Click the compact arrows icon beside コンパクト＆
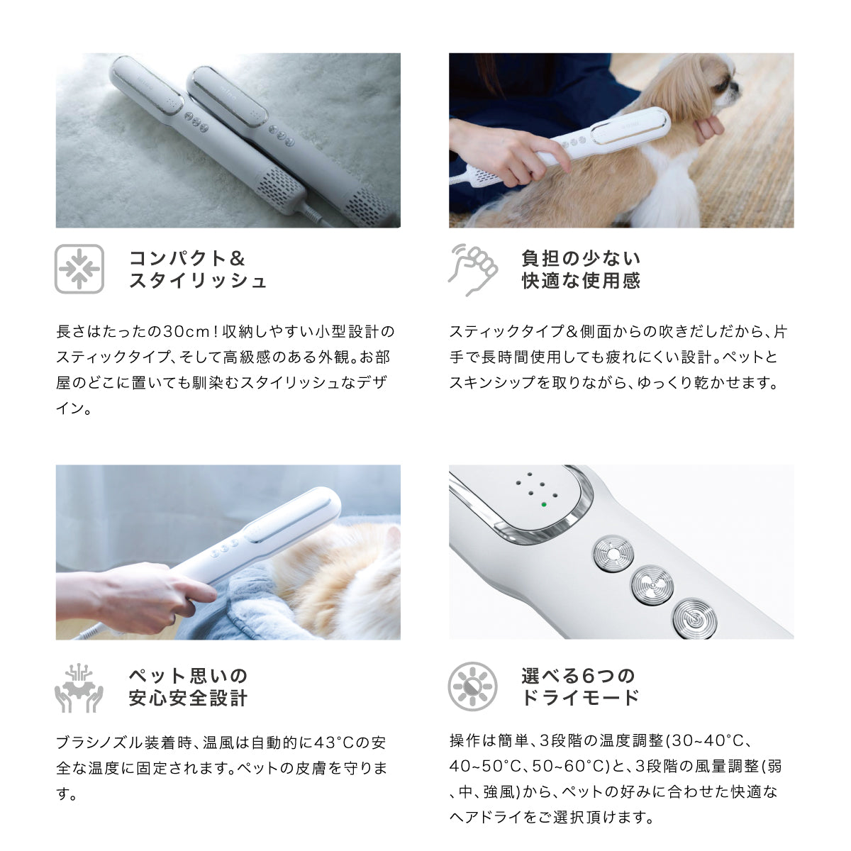coord(79,269)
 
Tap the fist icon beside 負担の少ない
coord(473,269)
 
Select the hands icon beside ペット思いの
coord(79,687)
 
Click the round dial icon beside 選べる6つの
coord(473,686)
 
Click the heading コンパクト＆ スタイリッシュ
coord(198,269)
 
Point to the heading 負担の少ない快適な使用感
coord(581,269)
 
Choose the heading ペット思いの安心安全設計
coord(188,687)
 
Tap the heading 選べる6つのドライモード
coord(579,686)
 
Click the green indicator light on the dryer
coord(543,504)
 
